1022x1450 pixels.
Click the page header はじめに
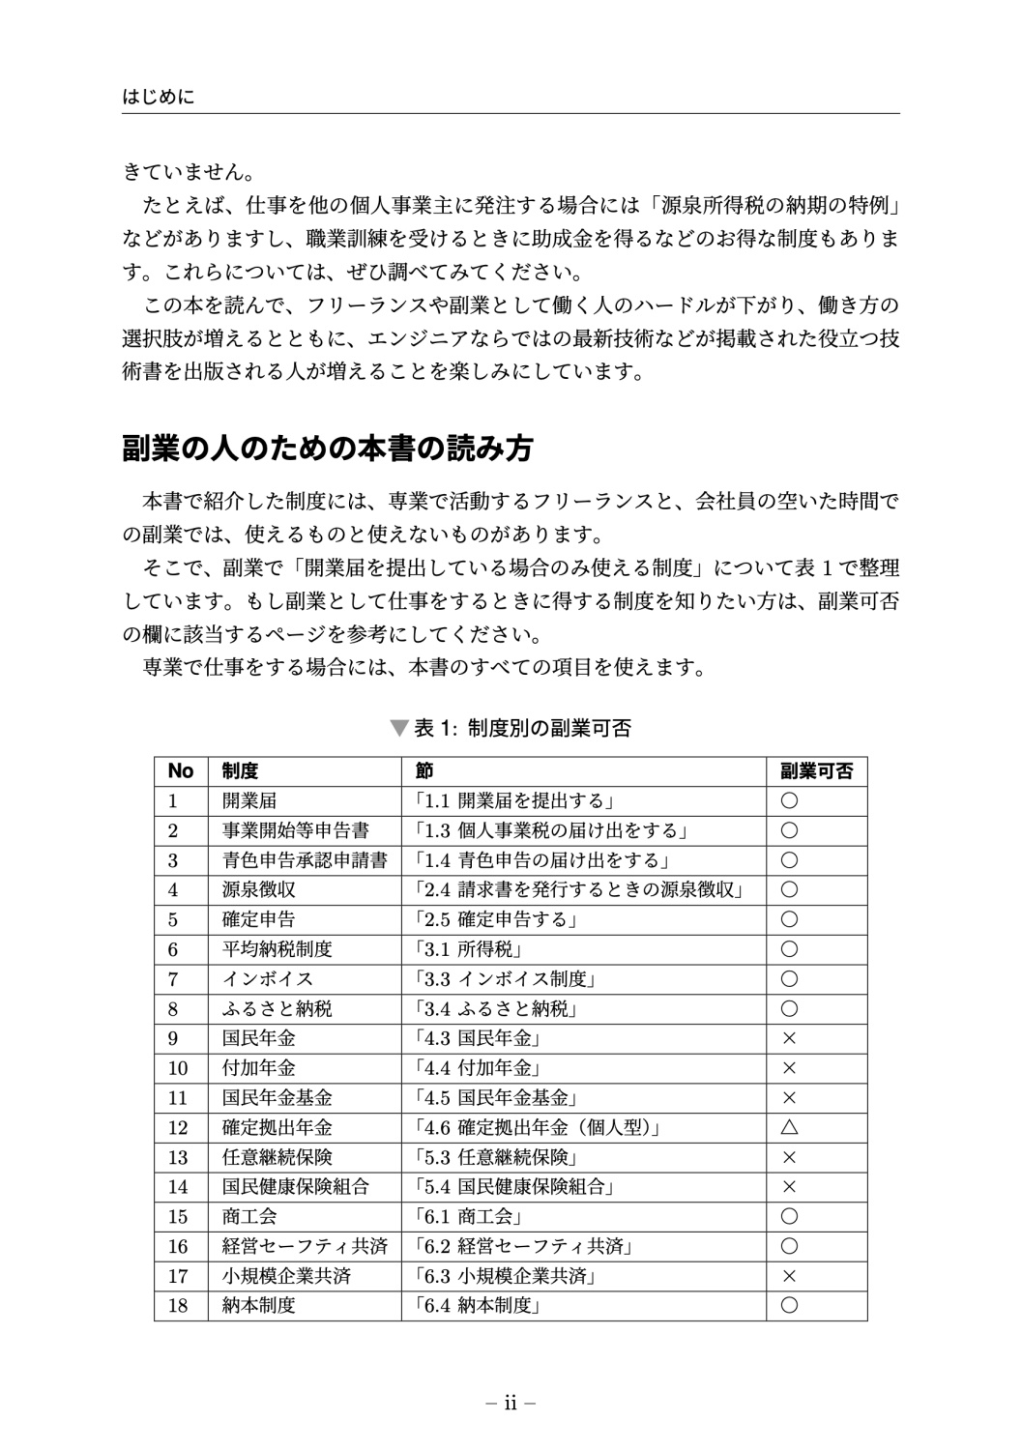pyautogui.click(x=159, y=97)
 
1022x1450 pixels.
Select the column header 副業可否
pyautogui.click(x=816, y=770)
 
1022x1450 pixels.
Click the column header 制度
pyautogui.click(x=240, y=770)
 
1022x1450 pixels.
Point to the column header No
pyautogui.click(x=181, y=770)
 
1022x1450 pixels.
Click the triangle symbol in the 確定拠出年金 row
pyautogui.click(x=789, y=1127)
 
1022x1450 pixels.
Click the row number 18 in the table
pyautogui.click(x=178, y=1306)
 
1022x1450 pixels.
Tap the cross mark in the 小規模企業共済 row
pyautogui.click(x=789, y=1276)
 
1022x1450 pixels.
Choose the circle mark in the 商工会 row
pyautogui.click(x=789, y=1217)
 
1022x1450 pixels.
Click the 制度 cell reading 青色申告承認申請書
pyautogui.click(x=305, y=860)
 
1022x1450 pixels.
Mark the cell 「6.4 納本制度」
pyautogui.click(x=475, y=1306)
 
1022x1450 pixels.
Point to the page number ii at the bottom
pyautogui.click(x=511, y=1403)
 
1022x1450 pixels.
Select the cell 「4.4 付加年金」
pyautogui.click(x=475, y=1068)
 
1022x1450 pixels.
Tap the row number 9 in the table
pyautogui.click(x=173, y=1038)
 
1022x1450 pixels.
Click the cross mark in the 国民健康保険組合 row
pyautogui.click(x=789, y=1187)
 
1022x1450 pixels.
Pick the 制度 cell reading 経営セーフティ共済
pyautogui.click(x=305, y=1246)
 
